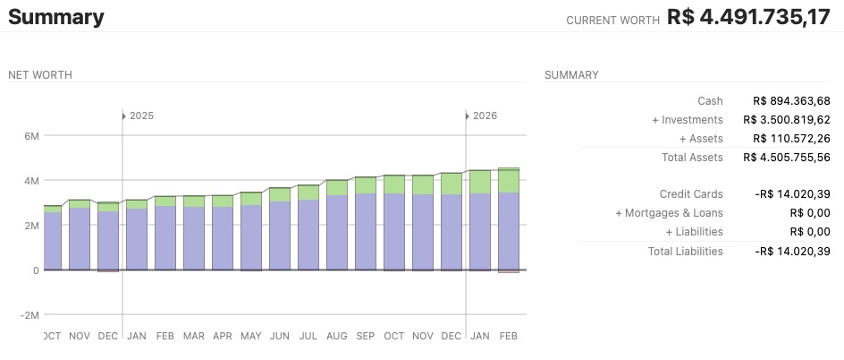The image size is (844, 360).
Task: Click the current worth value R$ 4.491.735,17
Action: point(748,18)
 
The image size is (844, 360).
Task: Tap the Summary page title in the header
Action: point(56,17)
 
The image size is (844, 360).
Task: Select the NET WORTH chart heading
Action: point(40,75)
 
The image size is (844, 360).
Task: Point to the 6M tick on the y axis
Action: point(31,136)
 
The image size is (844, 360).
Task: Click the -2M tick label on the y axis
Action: point(29,315)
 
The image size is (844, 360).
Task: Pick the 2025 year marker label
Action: point(141,116)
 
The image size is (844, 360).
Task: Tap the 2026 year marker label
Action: point(485,116)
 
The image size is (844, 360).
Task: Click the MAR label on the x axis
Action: point(194,336)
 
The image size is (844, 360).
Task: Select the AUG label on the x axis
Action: point(337,336)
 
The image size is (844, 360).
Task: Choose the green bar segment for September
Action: point(366,184)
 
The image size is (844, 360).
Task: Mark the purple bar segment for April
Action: point(223,238)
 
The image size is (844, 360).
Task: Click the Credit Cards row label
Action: point(691,194)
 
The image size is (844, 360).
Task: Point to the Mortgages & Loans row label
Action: point(669,213)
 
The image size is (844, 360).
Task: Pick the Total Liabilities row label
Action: point(685,252)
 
